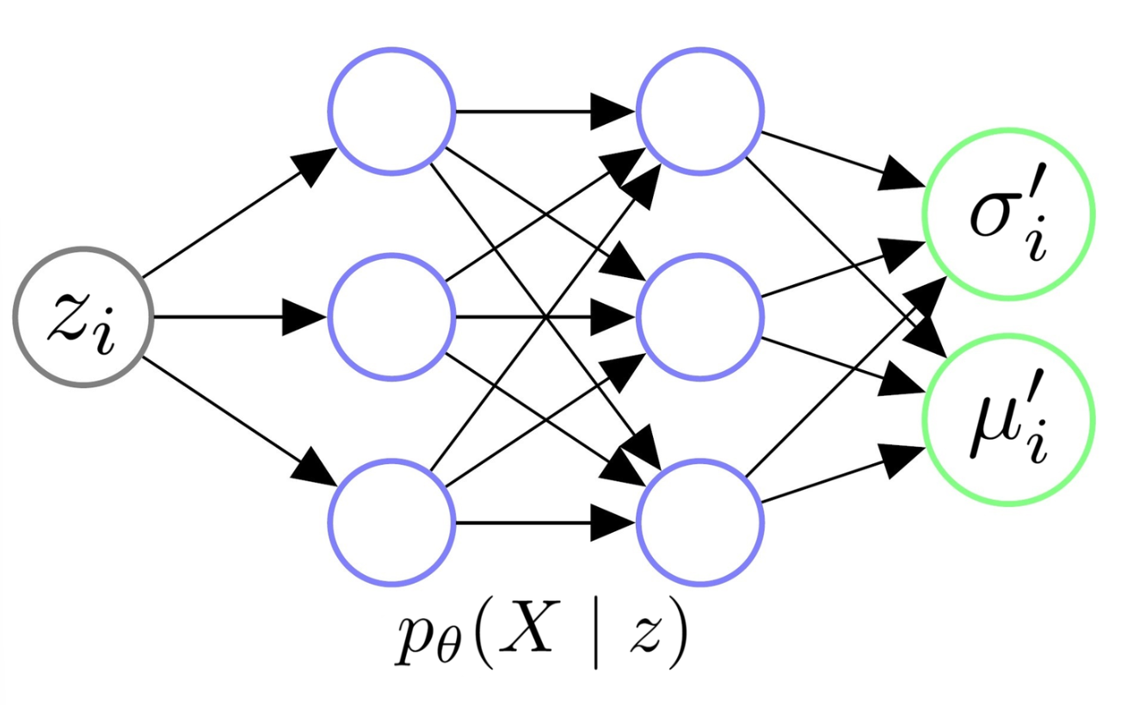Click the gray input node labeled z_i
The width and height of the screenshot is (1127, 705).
(83, 316)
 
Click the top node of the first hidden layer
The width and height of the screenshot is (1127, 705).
(392, 111)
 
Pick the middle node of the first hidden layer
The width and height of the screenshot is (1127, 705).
(392, 316)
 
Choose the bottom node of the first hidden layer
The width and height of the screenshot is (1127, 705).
(392, 523)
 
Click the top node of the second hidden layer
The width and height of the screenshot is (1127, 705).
(700, 111)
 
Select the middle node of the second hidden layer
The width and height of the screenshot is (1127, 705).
(700, 316)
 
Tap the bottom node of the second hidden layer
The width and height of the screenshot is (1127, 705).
(700, 523)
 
